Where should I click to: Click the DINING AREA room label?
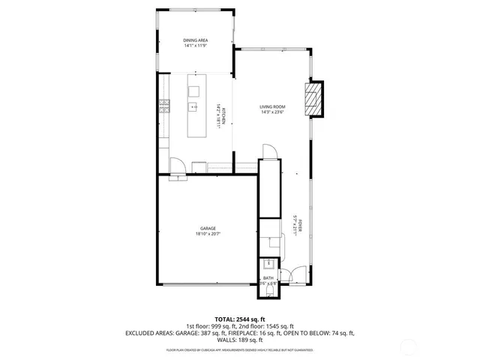click(196, 40)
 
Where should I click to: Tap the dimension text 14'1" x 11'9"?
click(196, 46)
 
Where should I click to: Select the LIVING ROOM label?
click(271, 107)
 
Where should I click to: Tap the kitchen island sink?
click(193, 107)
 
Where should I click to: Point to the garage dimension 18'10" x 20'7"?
click(208, 233)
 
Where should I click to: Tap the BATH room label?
click(268, 277)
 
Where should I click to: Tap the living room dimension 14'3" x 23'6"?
click(271, 113)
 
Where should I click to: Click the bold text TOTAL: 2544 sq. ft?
click(239, 319)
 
